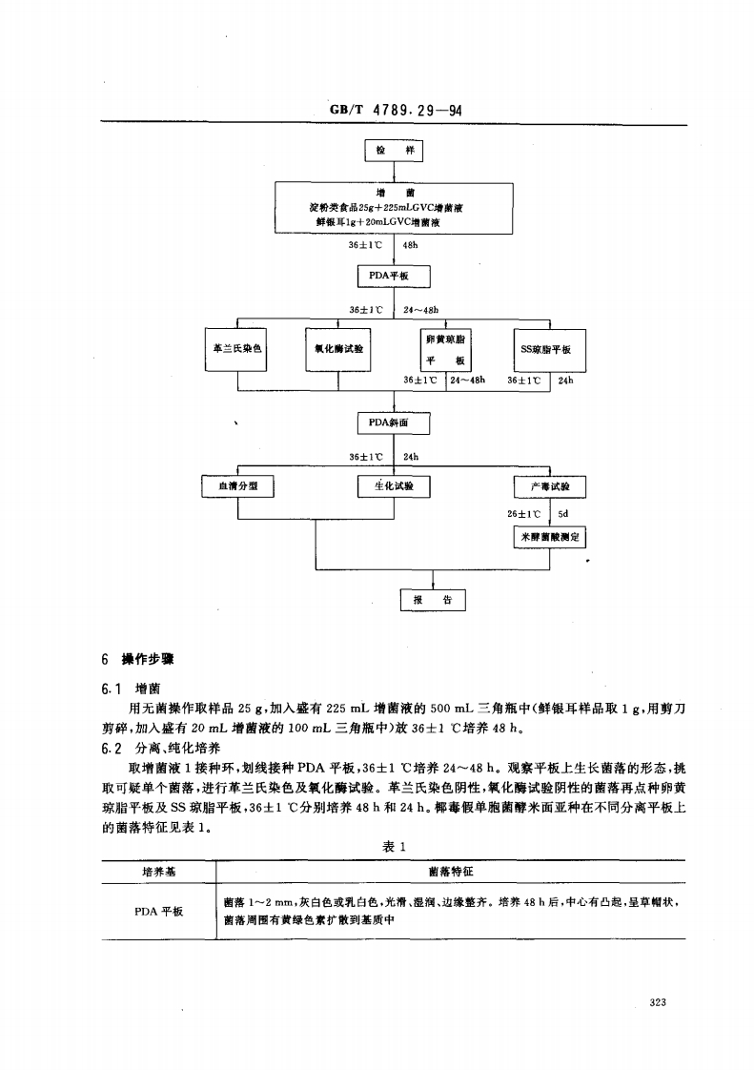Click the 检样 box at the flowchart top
pos(394,152)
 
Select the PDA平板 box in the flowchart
pos(394,277)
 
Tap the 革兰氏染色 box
pos(236,349)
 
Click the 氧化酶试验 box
pos(338,349)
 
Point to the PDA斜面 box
pos(394,422)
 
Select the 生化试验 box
pos(394,486)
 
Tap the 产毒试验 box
pos(549,486)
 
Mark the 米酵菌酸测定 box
pos(549,537)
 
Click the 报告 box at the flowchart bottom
pos(432,599)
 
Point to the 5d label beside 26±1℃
pos(562,513)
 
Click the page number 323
pos(657,1002)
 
